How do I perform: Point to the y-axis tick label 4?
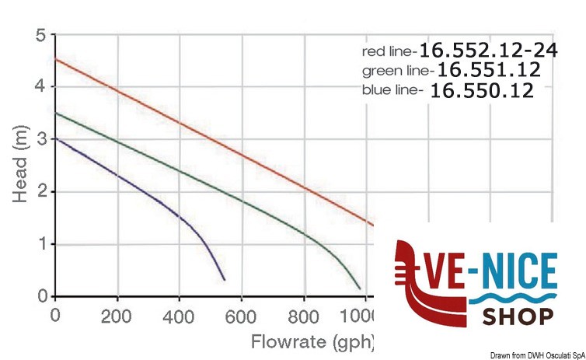tap(40, 87)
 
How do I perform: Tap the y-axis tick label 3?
tap(40, 140)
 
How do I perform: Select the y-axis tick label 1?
tap(40, 244)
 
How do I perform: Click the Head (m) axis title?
tap(19, 165)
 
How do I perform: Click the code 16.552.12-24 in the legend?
tap(487, 51)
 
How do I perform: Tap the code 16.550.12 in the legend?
tap(482, 90)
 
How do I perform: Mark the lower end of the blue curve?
tap(225, 279)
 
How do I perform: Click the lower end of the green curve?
tap(360, 289)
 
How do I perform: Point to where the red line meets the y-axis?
tap(55, 59)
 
